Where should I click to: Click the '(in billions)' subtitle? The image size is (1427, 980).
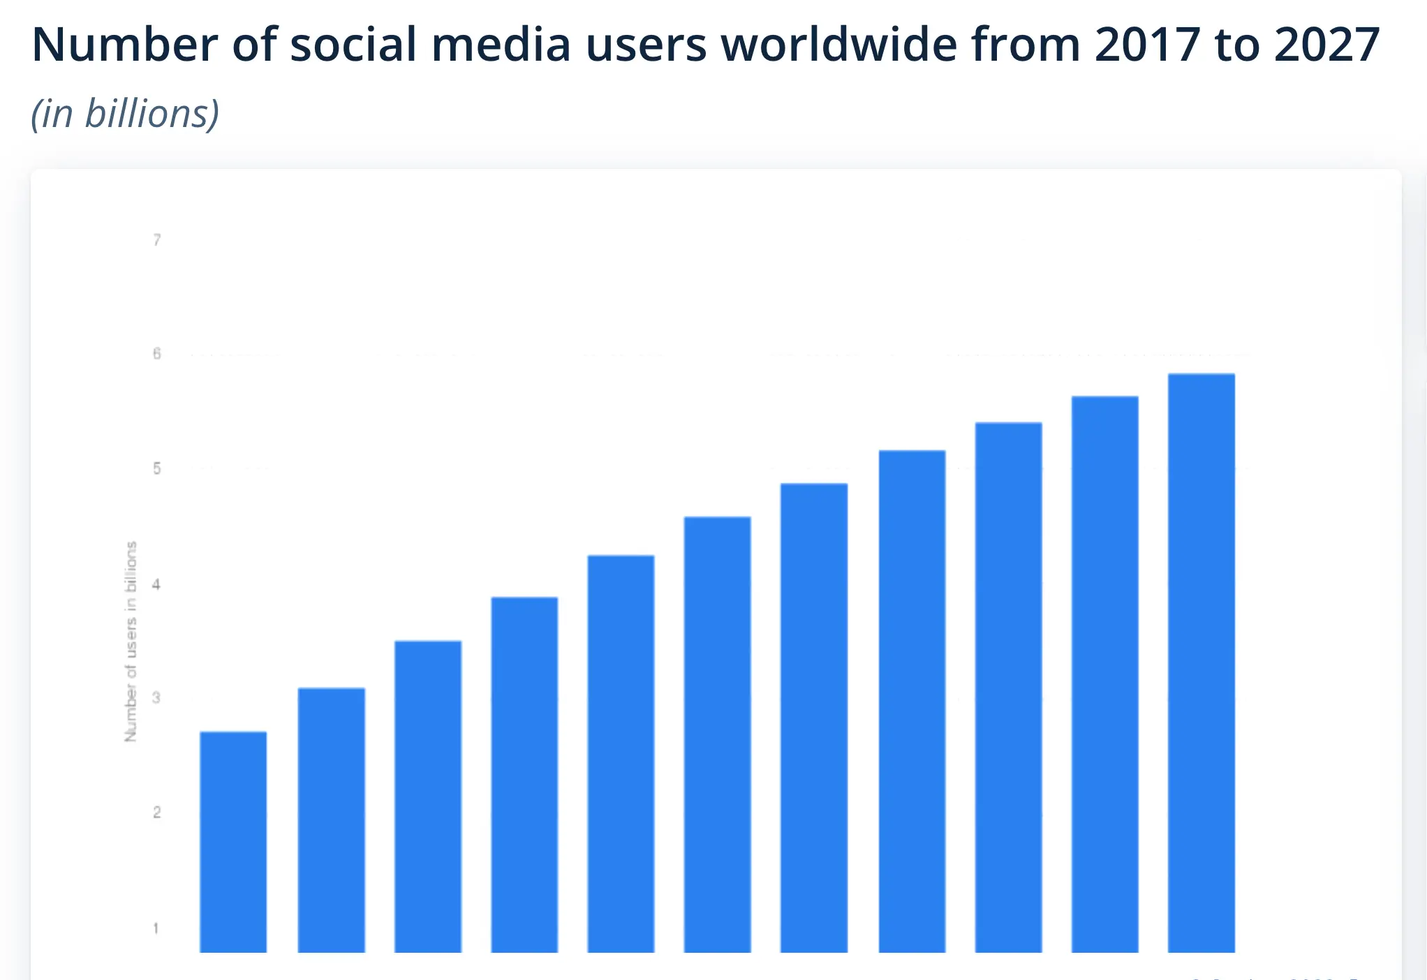[126, 114]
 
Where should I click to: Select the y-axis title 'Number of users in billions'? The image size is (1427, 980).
[131, 641]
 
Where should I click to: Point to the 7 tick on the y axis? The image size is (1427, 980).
[157, 241]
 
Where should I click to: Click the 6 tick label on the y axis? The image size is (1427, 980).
[157, 354]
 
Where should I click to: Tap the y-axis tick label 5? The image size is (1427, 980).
[157, 468]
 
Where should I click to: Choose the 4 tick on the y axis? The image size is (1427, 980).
[156, 584]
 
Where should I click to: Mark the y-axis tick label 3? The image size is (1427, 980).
[156, 697]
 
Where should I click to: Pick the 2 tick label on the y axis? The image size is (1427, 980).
[157, 812]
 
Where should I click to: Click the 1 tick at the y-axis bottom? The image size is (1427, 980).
[156, 928]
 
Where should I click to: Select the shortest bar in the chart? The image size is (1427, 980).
[233, 841]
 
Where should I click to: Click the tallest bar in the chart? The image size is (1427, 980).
[1201, 663]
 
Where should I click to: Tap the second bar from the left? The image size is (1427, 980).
[331, 820]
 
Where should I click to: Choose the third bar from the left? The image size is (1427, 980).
[427, 796]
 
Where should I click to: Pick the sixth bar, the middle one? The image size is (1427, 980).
[717, 734]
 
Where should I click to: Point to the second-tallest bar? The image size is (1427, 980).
[1104, 674]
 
